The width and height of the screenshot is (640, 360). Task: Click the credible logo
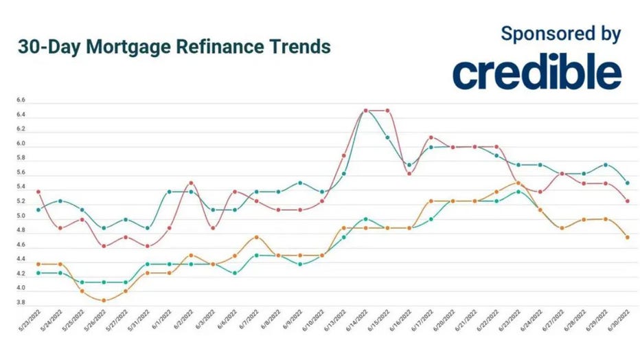tap(536, 73)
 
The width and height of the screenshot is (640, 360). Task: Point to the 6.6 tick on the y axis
tap(21, 101)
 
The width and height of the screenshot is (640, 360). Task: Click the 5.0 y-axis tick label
tap(21, 216)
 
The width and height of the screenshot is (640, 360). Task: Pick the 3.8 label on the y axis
tap(21, 302)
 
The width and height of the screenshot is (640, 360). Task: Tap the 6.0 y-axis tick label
tap(21, 144)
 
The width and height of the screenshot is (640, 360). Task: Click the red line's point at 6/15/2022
tap(388, 111)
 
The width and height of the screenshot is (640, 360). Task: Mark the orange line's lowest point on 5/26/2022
tap(104, 300)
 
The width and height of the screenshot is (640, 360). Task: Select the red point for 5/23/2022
tap(38, 192)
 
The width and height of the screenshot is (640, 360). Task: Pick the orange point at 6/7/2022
tap(256, 237)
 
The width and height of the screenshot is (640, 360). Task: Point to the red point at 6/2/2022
tap(191, 183)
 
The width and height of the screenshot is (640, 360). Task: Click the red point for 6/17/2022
tap(431, 137)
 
